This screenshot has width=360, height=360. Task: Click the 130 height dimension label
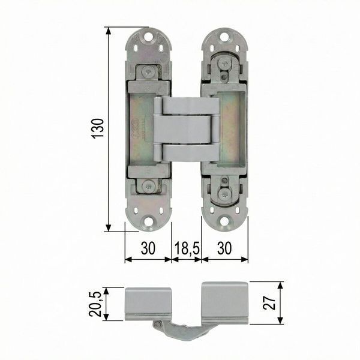pyautogui.click(x=98, y=128)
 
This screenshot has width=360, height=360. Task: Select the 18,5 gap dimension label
pyautogui.click(x=187, y=248)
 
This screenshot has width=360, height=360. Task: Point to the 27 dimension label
pyautogui.click(x=269, y=302)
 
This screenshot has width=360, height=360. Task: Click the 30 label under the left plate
pyautogui.click(x=148, y=248)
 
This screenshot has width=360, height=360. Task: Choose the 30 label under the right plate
pyautogui.click(x=224, y=248)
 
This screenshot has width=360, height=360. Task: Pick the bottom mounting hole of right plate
pyautogui.click(x=224, y=221)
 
